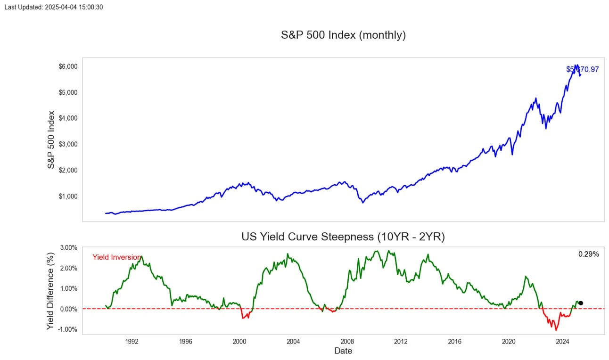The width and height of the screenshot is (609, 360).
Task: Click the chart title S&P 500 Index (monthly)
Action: pyautogui.click(x=343, y=35)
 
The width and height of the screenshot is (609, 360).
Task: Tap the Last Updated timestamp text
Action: pyautogui.click(x=54, y=7)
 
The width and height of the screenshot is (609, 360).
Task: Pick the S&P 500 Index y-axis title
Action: pyautogui.click(x=51, y=140)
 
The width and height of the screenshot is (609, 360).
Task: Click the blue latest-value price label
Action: pyautogui.click(x=583, y=70)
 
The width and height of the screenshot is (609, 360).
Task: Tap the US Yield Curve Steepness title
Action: pyautogui.click(x=343, y=237)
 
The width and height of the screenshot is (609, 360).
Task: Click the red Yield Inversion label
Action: pyautogui.click(x=116, y=257)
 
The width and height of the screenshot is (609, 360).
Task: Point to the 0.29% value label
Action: pyautogui.click(x=588, y=254)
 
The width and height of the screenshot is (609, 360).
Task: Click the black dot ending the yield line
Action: pyautogui.click(x=581, y=303)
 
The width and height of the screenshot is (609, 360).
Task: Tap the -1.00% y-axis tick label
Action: pyautogui.click(x=68, y=329)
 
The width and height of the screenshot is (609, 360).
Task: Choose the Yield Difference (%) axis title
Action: pyautogui.click(x=51, y=291)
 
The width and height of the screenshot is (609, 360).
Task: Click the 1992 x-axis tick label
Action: pyautogui.click(x=132, y=341)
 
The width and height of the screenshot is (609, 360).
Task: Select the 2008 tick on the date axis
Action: pyautogui.click(x=347, y=341)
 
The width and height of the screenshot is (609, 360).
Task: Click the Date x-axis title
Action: pyautogui.click(x=343, y=351)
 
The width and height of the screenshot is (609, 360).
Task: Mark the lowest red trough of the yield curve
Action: pyautogui.click(x=556, y=330)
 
